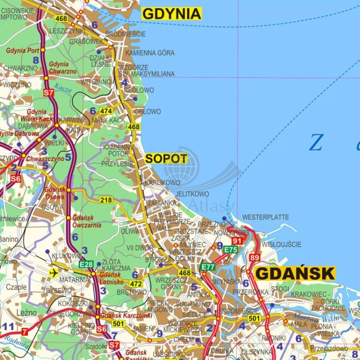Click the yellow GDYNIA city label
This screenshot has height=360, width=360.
click(x=172, y=14)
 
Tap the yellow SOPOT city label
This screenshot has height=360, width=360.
click(x=166, y=158)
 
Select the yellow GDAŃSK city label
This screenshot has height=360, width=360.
click(x=295, y=273)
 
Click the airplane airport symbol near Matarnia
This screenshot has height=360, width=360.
click(x=54, y=273)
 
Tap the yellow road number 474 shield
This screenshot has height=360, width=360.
click(x=106, y=111)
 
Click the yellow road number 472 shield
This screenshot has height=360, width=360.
click(x=136, y=284)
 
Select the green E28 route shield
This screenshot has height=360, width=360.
click(x=86, y=264)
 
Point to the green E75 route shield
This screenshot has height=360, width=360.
click(x=231, y=250)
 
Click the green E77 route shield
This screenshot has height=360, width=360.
click(x=208, y=267)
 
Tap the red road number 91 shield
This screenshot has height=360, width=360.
click(x=237, y=241)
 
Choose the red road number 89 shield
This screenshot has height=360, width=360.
click(x=254, y=258)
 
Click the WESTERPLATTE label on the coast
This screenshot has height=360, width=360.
click(x=265, y=217)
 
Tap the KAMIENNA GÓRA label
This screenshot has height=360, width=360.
click(x=150, y=53)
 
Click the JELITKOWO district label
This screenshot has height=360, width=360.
click(x=192, y=194)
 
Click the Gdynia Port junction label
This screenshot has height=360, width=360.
click(x=23, y=50)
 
